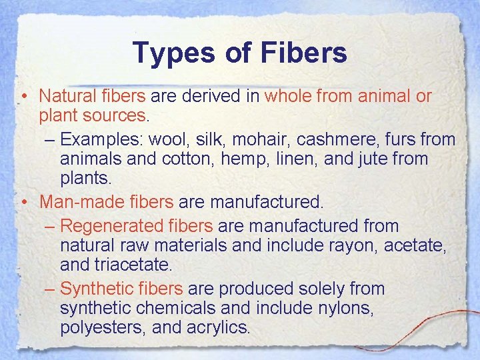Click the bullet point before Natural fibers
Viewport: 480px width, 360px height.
[23, 97]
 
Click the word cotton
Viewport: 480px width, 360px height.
[179, 159]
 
